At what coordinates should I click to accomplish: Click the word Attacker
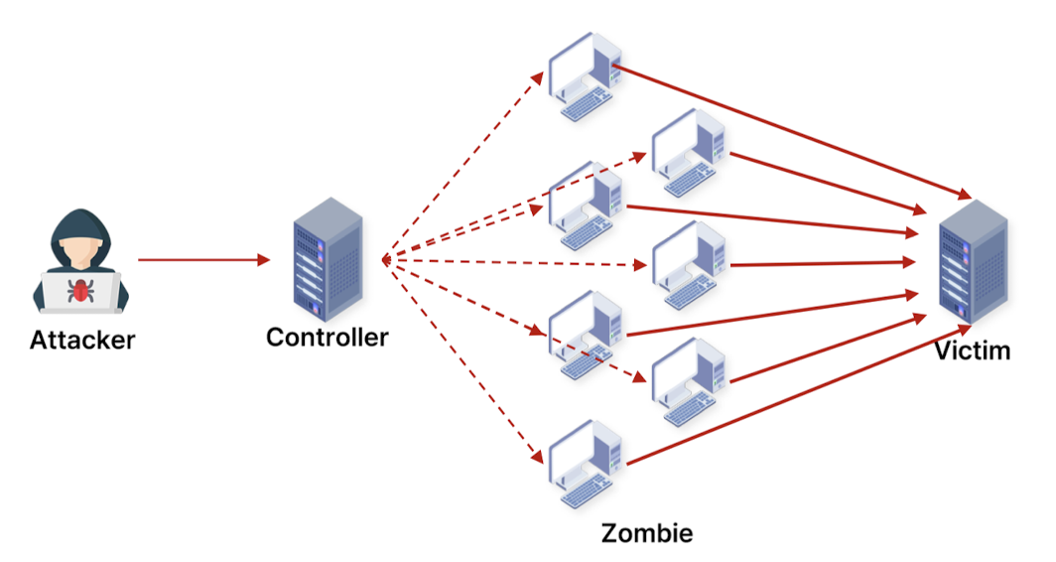pyautogui.click(x=82, y=341)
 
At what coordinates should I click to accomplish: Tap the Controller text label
pyautogui.click(x=327, y=337)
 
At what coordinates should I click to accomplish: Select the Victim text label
pyautogui.click(x=972, y=350)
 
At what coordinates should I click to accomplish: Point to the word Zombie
pyautogui.click(x=646, y=533)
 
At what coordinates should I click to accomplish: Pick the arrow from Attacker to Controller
pyautogui.click(x=203, y=260)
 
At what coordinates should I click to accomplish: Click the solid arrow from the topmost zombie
pyautogui.click(x=794, y=130)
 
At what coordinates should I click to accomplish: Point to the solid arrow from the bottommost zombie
pyautogui.click(x=794, y=396)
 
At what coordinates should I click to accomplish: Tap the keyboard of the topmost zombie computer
pyautogui.click(x=585, y=105)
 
